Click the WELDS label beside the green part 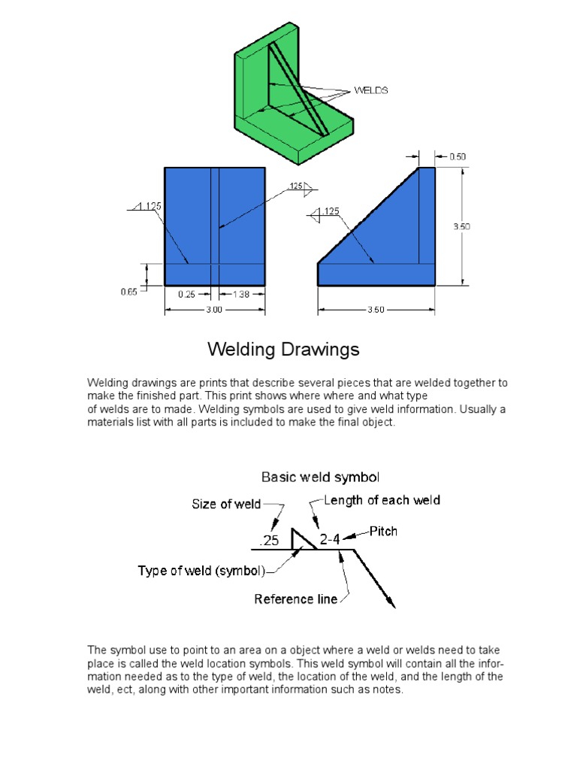(370, 90)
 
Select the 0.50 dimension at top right (458, 156)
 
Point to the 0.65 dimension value (128, 293)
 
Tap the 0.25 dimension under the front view (186, 295)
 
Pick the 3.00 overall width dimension (214, 309)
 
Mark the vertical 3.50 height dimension (461, 226)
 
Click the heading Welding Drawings (283, 350)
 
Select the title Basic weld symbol (320, 477)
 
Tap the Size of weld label (226, 505)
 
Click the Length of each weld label (382, 500)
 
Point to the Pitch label (383, 531)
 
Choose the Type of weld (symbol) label (201, 571)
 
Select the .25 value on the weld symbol (269, 541)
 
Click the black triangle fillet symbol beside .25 (302, 540)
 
